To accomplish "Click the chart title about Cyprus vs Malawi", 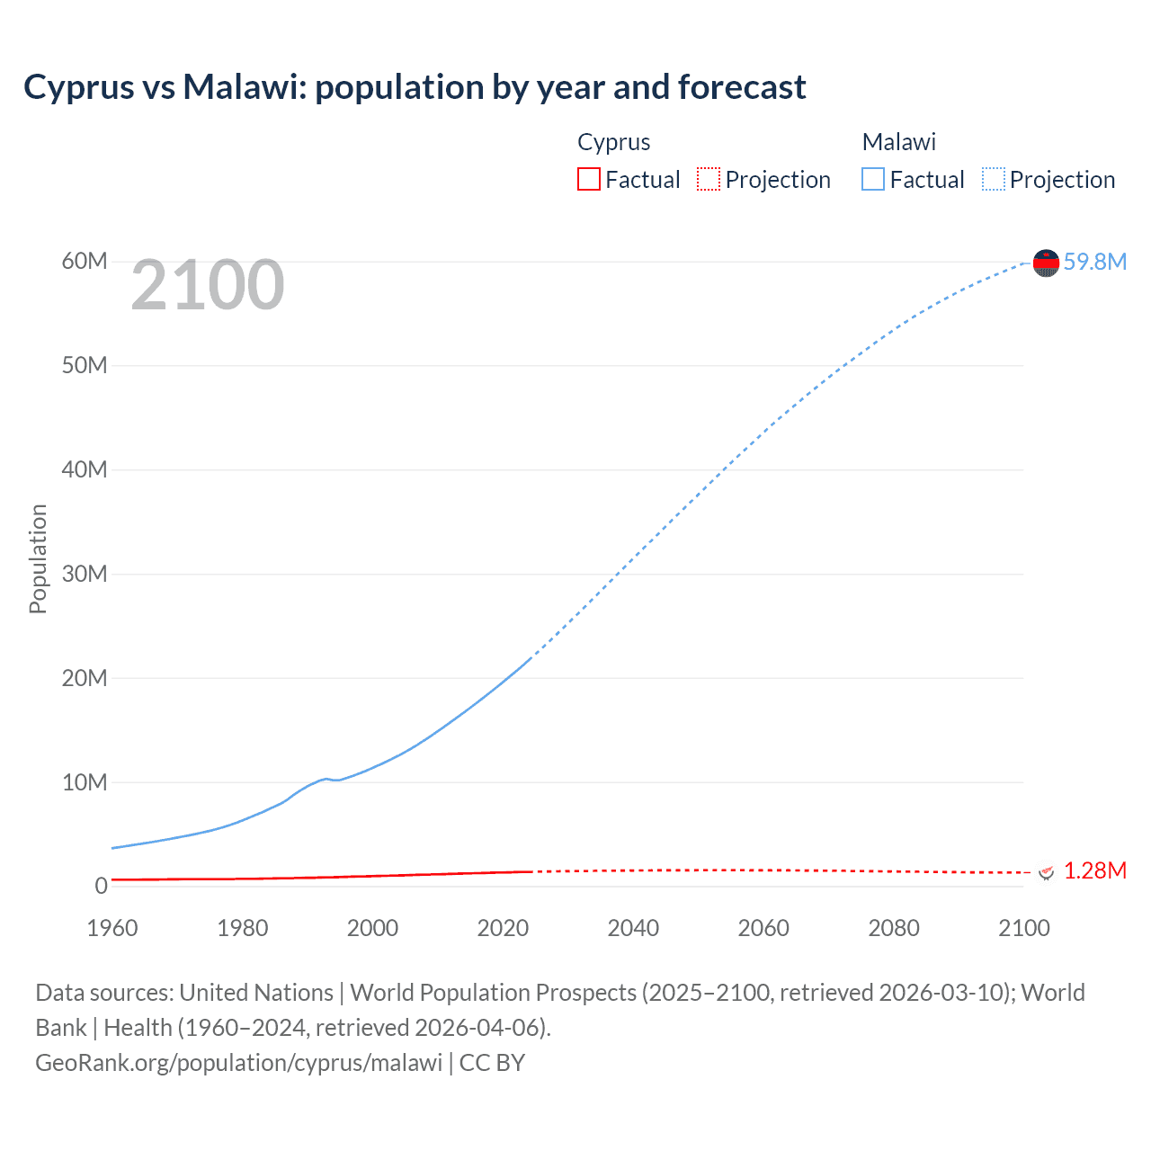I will click(x=415, y=87).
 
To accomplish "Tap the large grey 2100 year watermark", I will click(x=208, y=286).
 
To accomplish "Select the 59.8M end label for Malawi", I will click(x=1094, y=262).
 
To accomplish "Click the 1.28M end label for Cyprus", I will click(x=1094, y=870).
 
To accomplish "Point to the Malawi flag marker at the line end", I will click(x=1046, y=263).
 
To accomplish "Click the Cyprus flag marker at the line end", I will click(x=1046, y=872).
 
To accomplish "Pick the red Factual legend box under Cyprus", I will click(x=589, y=180).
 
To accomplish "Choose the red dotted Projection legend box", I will click(x=709, y=180).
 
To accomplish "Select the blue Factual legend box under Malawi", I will click(x=873, y=180).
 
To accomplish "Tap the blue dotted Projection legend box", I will click(x=994, y=180).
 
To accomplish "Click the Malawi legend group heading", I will click(x=898, y=142).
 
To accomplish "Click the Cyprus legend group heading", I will click(x=613, y=142).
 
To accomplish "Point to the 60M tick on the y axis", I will click(x=85, y=261).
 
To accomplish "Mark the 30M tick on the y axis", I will click(x=85, y=574).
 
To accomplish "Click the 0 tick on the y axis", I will click(x=101, y=886).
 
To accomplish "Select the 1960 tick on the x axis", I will click(x=112, y=928).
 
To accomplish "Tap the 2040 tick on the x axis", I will click(x=633, y=928).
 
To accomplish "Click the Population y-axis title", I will click(x=38, y=558).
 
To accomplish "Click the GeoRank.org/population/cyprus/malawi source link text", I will click(x=238, y=1063).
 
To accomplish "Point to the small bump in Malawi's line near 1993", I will click(x=326, y=779).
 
